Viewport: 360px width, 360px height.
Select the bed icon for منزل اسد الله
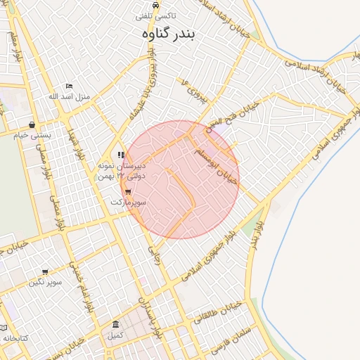tap(68, 86)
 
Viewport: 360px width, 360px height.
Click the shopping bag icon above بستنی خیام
tap(32, 124)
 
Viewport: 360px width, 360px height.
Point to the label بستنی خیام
tap(30, 134)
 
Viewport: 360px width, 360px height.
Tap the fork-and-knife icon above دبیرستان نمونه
tap(122, 155)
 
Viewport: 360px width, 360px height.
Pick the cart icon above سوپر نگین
tap(45, 272)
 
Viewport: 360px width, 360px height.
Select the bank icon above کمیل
tap(115, 324)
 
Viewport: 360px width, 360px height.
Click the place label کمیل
tap(115, 335)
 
